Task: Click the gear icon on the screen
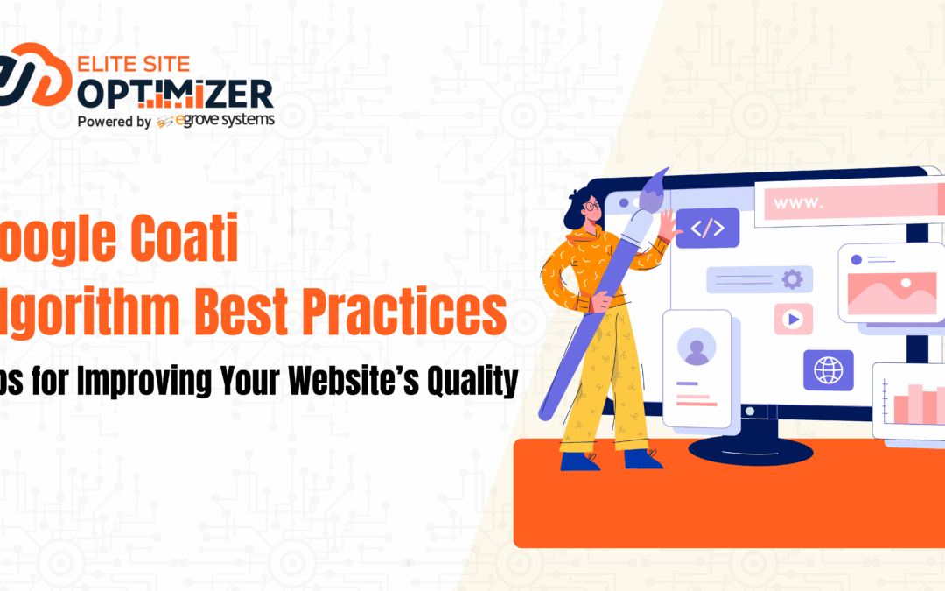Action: [791, 279]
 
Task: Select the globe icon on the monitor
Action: [828, 369]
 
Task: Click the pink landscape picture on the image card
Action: [891, 292]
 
